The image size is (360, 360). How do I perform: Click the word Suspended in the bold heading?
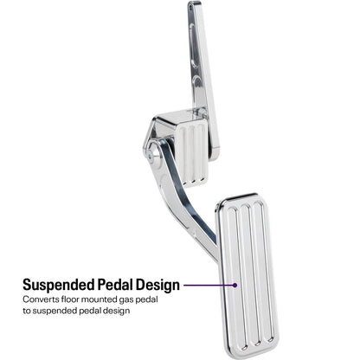click(59, 285)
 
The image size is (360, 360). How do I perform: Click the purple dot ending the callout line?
click(235, 286)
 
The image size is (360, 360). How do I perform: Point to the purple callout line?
click(209, 286)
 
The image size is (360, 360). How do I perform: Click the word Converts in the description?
click(41, 299)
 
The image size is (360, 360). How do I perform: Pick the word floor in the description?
click(69, 299)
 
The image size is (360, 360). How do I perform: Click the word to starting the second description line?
click(27, 311)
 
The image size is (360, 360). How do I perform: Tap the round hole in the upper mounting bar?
click(197, 85)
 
